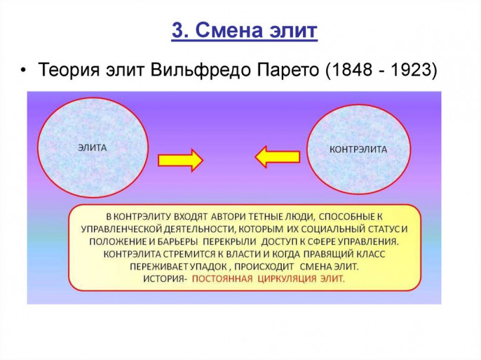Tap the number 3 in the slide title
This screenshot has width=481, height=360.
[x=177, y=30]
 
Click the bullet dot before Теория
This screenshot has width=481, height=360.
[x=23, y=71]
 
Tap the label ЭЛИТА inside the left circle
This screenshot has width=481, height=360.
[x=93, y=148]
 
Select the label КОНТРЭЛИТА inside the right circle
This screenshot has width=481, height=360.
[x=358, y=149]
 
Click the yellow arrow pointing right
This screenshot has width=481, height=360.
[x=180, y=160]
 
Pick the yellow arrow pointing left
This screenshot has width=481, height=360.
[x=278, y=156]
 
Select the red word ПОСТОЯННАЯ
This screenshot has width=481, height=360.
[x=222, y=279]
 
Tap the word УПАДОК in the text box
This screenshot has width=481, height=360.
[x=208, y=267]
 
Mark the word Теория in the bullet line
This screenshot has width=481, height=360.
[x=69, y=70]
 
